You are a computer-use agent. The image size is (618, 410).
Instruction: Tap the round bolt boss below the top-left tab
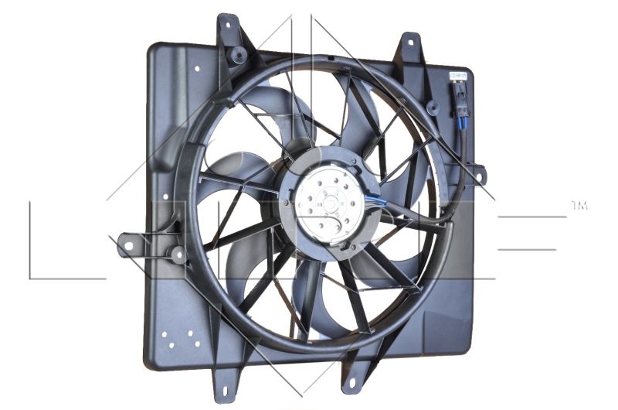click(x=239, y=55)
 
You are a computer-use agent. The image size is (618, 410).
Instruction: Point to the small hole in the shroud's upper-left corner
click(x=197, y=68)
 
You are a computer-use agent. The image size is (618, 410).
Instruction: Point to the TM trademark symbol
click(x=579, y=205)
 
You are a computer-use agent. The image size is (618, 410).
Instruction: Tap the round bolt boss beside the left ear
click(x=178, y=253)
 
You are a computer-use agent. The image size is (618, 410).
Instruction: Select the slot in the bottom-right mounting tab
click(x=351, y=380)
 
